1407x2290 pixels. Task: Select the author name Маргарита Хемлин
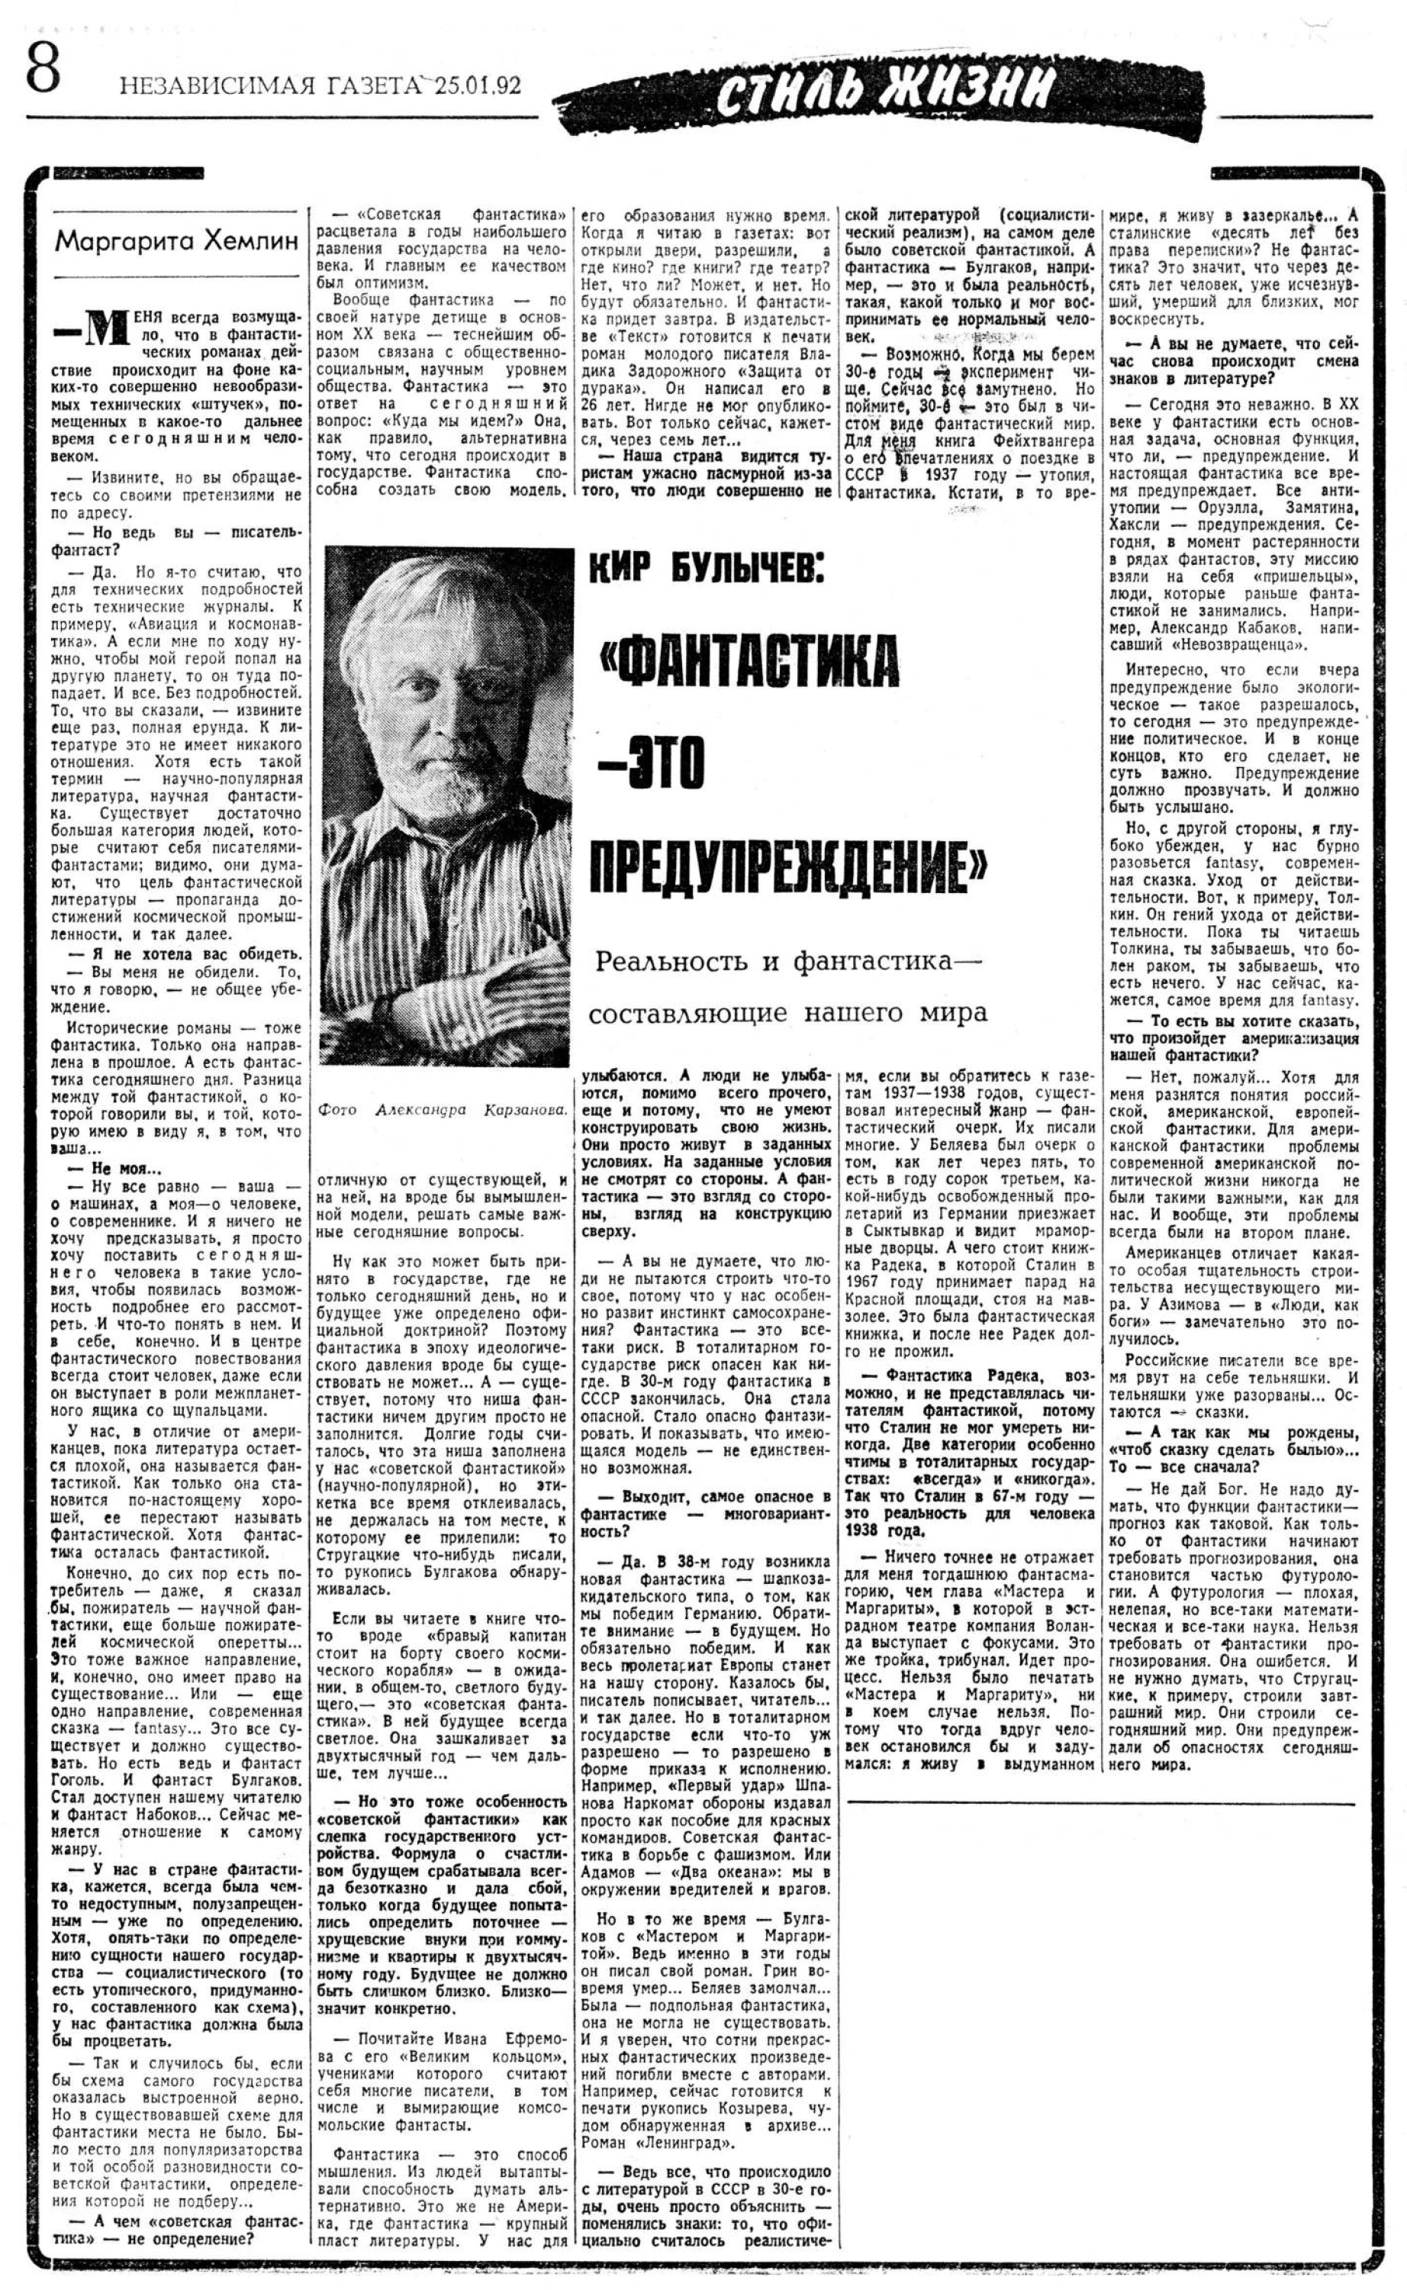point(177,242)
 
